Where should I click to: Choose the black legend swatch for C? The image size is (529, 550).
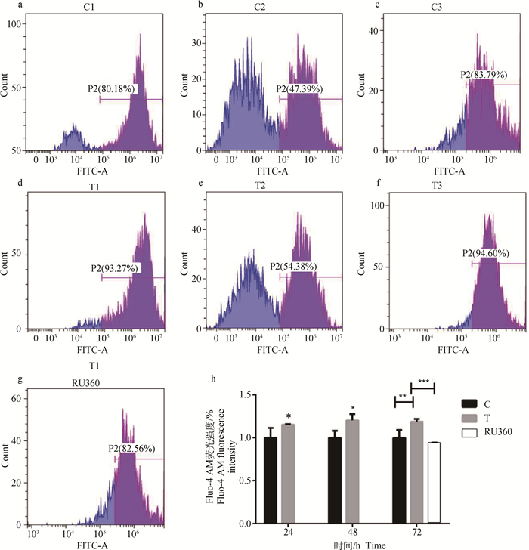point(470,404)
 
